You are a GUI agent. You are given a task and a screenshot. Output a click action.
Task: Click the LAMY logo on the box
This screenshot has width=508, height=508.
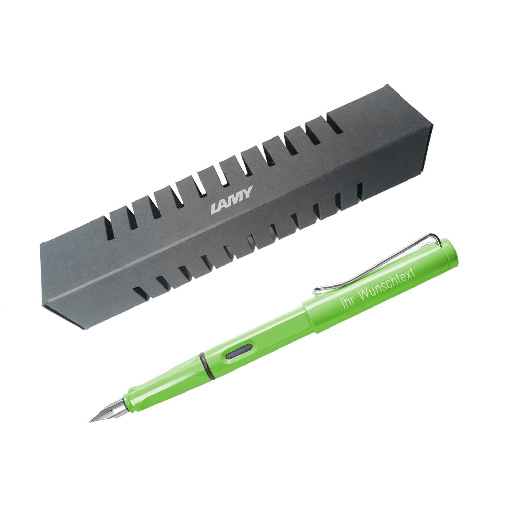(x=231, y=202)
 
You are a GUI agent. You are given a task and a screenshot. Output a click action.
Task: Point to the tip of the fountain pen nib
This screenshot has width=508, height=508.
(x=90, y=421)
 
